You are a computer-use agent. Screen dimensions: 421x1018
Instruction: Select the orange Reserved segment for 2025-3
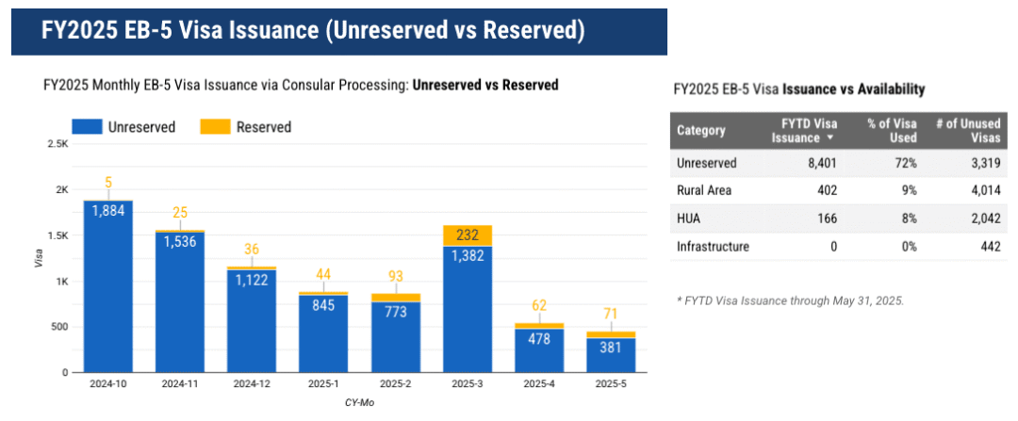pos(467,235)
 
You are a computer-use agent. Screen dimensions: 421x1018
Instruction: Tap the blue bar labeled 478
pos(539,350)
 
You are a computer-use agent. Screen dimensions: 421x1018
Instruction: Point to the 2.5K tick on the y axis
pos(58,144)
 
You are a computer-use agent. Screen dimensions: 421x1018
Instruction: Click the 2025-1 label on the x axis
pos(322,385)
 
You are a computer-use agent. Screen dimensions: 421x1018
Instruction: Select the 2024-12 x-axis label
pos(251,385)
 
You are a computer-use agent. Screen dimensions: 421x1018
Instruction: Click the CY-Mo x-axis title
pos(359,402)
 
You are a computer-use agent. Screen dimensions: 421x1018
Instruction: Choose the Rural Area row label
pos(706,190)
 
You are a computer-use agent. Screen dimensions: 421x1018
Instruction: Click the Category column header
pos(701,131)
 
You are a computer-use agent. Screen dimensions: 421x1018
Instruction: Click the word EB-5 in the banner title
pos(173,31)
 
